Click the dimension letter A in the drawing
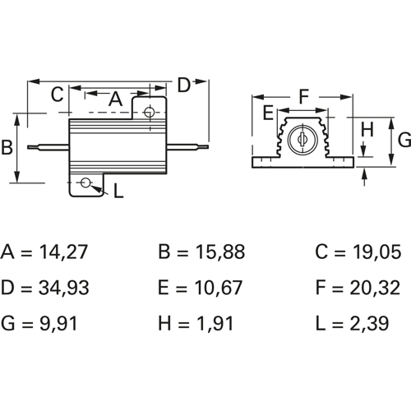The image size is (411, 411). click(115, 99)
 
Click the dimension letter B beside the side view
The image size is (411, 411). click(7, 147)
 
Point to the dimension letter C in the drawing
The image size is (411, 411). click(57, 95)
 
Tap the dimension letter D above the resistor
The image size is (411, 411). click(183, 85)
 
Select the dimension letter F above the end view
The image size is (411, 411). click(304, 96)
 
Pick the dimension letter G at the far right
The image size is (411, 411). click(404, 140)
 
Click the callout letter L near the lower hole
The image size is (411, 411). click(118, 191)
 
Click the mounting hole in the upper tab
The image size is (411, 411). click(149, 112)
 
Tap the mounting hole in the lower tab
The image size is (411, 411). click(85, 182)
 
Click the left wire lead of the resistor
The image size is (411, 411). click(48, 147)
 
